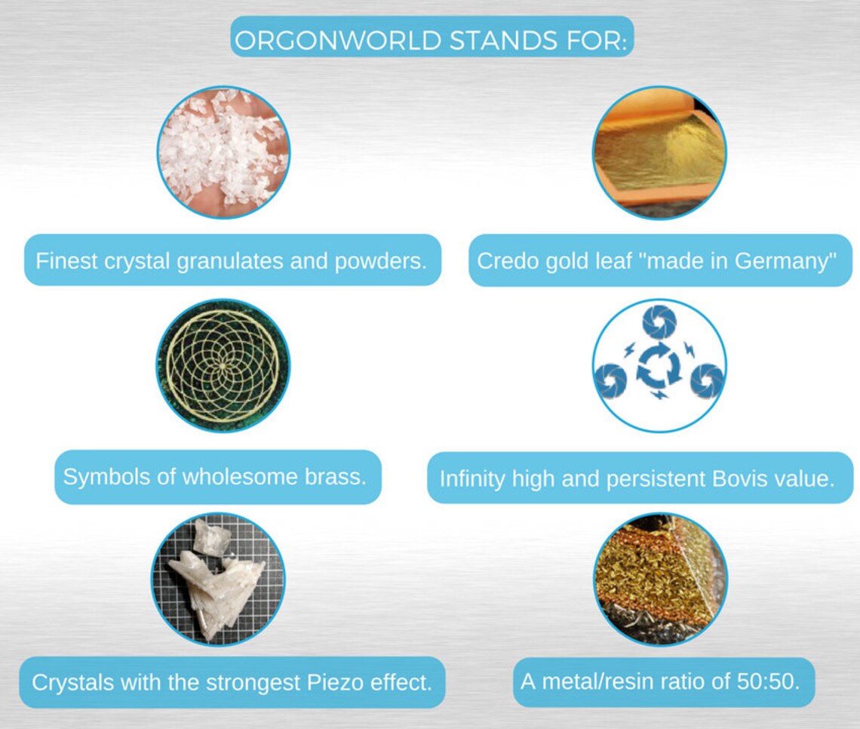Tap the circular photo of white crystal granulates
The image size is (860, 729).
pyautogui.click(x=223, y=152)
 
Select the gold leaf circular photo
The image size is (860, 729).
pyautogui.click(x=659, y=152)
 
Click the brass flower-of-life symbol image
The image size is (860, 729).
pyautogui.click(x=223, y=366)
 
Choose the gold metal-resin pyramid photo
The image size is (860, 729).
pyautogui.click(x=659, y=580)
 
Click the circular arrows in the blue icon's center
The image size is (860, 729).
pyautogui.click(x=659, y=368)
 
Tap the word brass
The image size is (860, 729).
pyautogui.click(x=334, y=477)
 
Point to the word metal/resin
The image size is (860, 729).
pyautogui.click(x=595, y=681)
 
